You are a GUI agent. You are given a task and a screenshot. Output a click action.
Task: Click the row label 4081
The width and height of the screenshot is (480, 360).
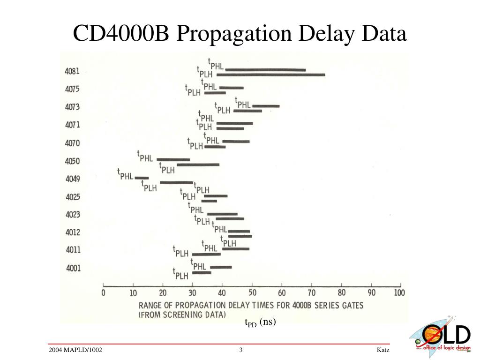pyautogui.click(x=72, y=72)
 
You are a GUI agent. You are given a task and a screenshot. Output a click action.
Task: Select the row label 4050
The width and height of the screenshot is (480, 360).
pyautogui.click(x=72, y=161)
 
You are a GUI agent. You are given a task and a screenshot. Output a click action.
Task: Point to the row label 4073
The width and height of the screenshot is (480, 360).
pyautogui.click(x=72, y=107)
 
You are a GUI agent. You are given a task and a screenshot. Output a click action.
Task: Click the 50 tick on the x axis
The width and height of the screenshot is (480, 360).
pyautogui.click(x=252, y=293)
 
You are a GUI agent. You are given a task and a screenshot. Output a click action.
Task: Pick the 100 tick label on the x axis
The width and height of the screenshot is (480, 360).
pyautogui.click(x=399, y=293)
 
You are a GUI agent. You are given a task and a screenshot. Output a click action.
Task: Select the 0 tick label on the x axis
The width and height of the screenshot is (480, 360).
pyautogui.click(x=104, y=293)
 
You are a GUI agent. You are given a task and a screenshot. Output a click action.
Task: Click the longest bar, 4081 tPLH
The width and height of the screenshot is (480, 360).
pyautogui.click(x=270, y=75)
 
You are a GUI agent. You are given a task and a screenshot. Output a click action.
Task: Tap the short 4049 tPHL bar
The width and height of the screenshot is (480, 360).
pyautogui.click(x=142, y=178)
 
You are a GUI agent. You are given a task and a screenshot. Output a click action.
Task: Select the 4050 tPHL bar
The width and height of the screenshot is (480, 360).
pyautogui.click(x=173, y=160)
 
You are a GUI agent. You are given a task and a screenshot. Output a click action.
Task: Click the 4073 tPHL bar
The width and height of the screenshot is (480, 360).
pyautogui.click(x=266, y=106)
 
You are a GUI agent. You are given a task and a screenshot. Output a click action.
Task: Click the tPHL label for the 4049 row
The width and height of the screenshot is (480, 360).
pyautogui.click(x=125, y=174)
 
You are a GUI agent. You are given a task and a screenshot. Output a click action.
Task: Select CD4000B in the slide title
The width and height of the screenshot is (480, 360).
pyautogui.click(x=122, y=34)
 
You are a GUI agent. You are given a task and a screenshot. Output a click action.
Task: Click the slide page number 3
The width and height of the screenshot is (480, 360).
pyautogui.click(x=240, y=351)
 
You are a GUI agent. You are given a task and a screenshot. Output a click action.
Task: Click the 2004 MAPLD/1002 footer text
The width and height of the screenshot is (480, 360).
pyautogui.click(x=75, y=351)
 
